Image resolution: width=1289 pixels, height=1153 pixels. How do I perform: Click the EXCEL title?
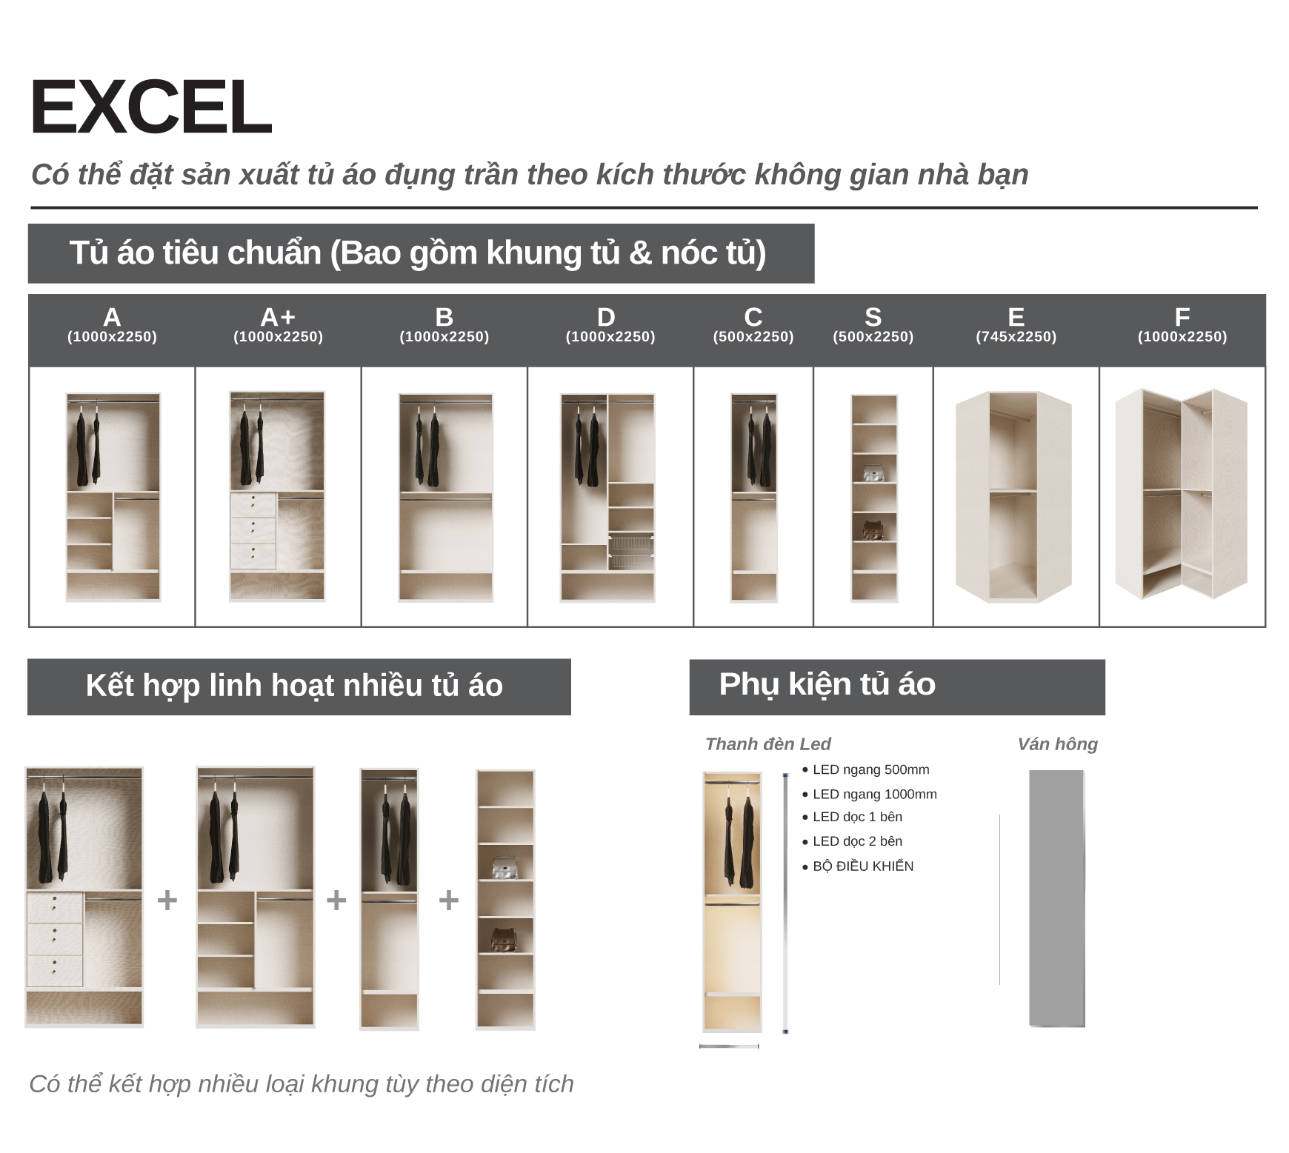[151, 107]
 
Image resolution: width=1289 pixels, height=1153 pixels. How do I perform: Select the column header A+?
[278, 317]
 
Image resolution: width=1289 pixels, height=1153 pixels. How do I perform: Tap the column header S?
[873, 317]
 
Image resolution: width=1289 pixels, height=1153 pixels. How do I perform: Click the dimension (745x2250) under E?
[1016, 337]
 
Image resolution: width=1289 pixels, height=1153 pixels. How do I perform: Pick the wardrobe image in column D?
[607, 498]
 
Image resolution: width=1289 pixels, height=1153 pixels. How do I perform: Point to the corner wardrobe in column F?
[1182, 494]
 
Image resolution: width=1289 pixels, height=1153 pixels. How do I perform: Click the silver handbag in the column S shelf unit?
[875, 472]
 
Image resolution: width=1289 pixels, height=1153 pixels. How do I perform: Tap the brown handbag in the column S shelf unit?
[875, 530]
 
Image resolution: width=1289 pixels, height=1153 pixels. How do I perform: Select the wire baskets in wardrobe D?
[631, 551]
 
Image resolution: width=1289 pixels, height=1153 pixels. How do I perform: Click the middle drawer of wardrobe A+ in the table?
[253, 530]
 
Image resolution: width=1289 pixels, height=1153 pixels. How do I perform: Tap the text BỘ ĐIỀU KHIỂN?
[863, 866]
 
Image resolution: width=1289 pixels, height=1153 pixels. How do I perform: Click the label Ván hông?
[1057, 744]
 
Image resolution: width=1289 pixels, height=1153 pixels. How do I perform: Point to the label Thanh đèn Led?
[768, 744]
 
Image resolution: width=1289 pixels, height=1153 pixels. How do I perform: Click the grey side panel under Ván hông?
[1057, 899]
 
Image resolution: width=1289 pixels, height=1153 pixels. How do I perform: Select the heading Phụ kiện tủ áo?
[827, 685]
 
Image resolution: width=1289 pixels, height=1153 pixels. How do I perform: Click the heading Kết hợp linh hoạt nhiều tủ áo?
[294, 686]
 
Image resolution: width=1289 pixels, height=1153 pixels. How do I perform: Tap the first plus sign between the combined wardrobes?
[167, 900]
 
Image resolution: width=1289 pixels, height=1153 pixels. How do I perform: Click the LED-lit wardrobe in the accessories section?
[732, 902]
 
